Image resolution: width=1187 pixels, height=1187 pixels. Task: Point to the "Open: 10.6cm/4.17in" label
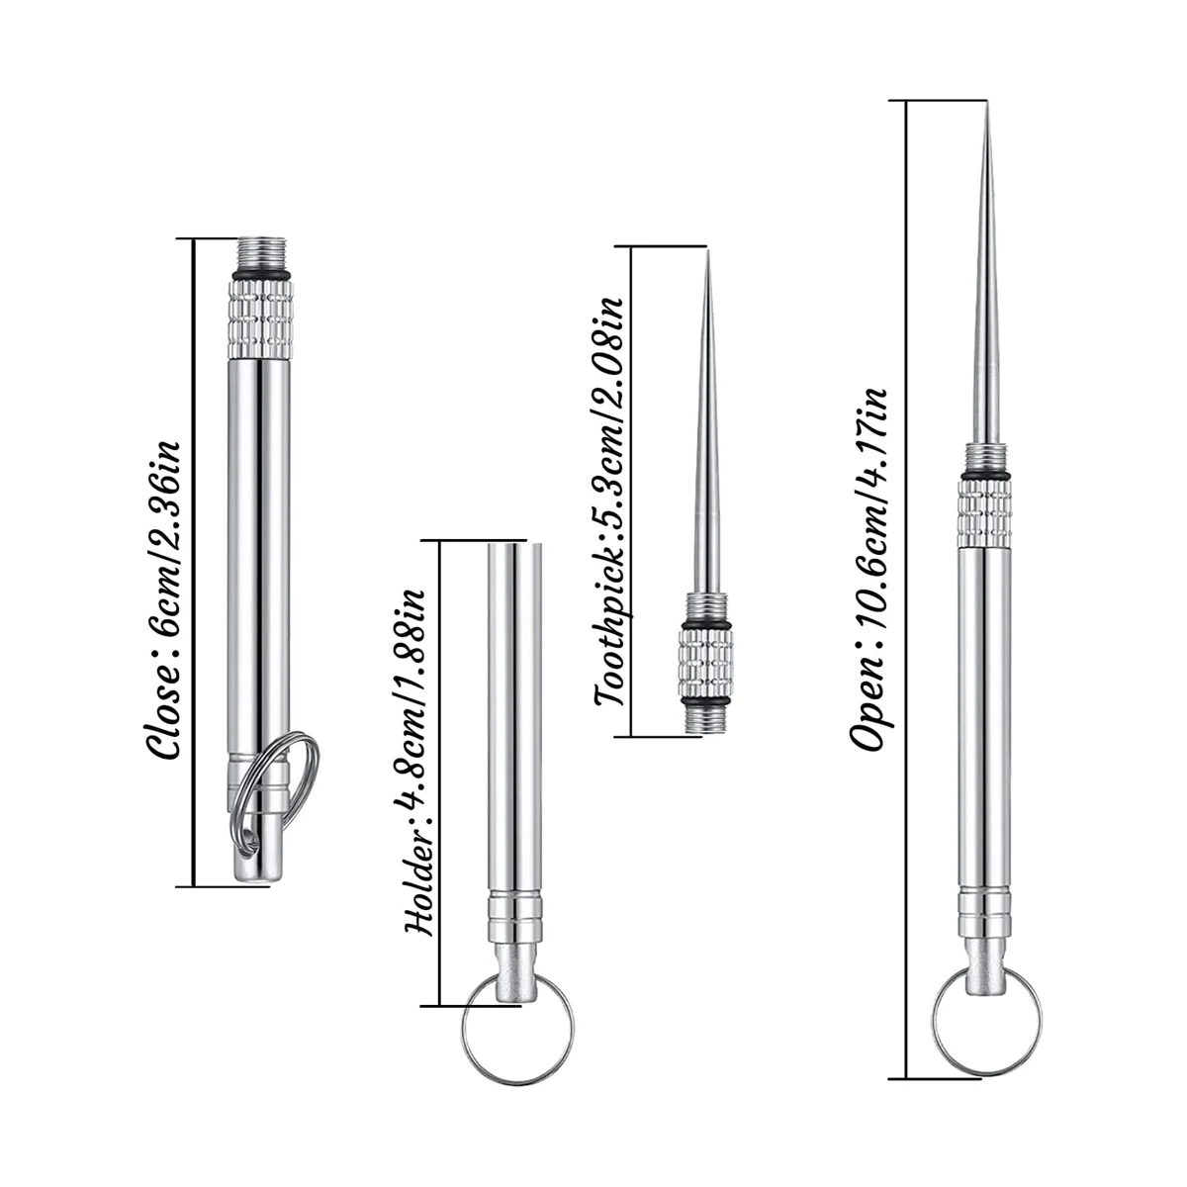[x=869, y=570]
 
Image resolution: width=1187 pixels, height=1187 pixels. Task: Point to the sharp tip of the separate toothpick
[x=707, y=259]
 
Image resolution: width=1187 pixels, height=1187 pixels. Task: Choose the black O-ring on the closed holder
[x=262, y=272]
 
